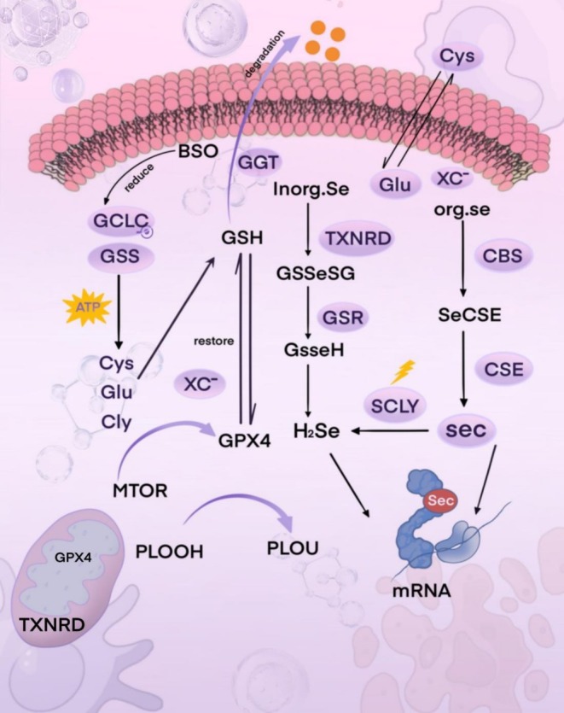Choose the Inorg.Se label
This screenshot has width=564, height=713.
click(307, 187)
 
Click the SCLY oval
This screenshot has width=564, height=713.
click(393, 406)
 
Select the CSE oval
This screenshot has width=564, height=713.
click(505, 369)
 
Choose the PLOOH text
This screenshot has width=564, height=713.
click(169, 552)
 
